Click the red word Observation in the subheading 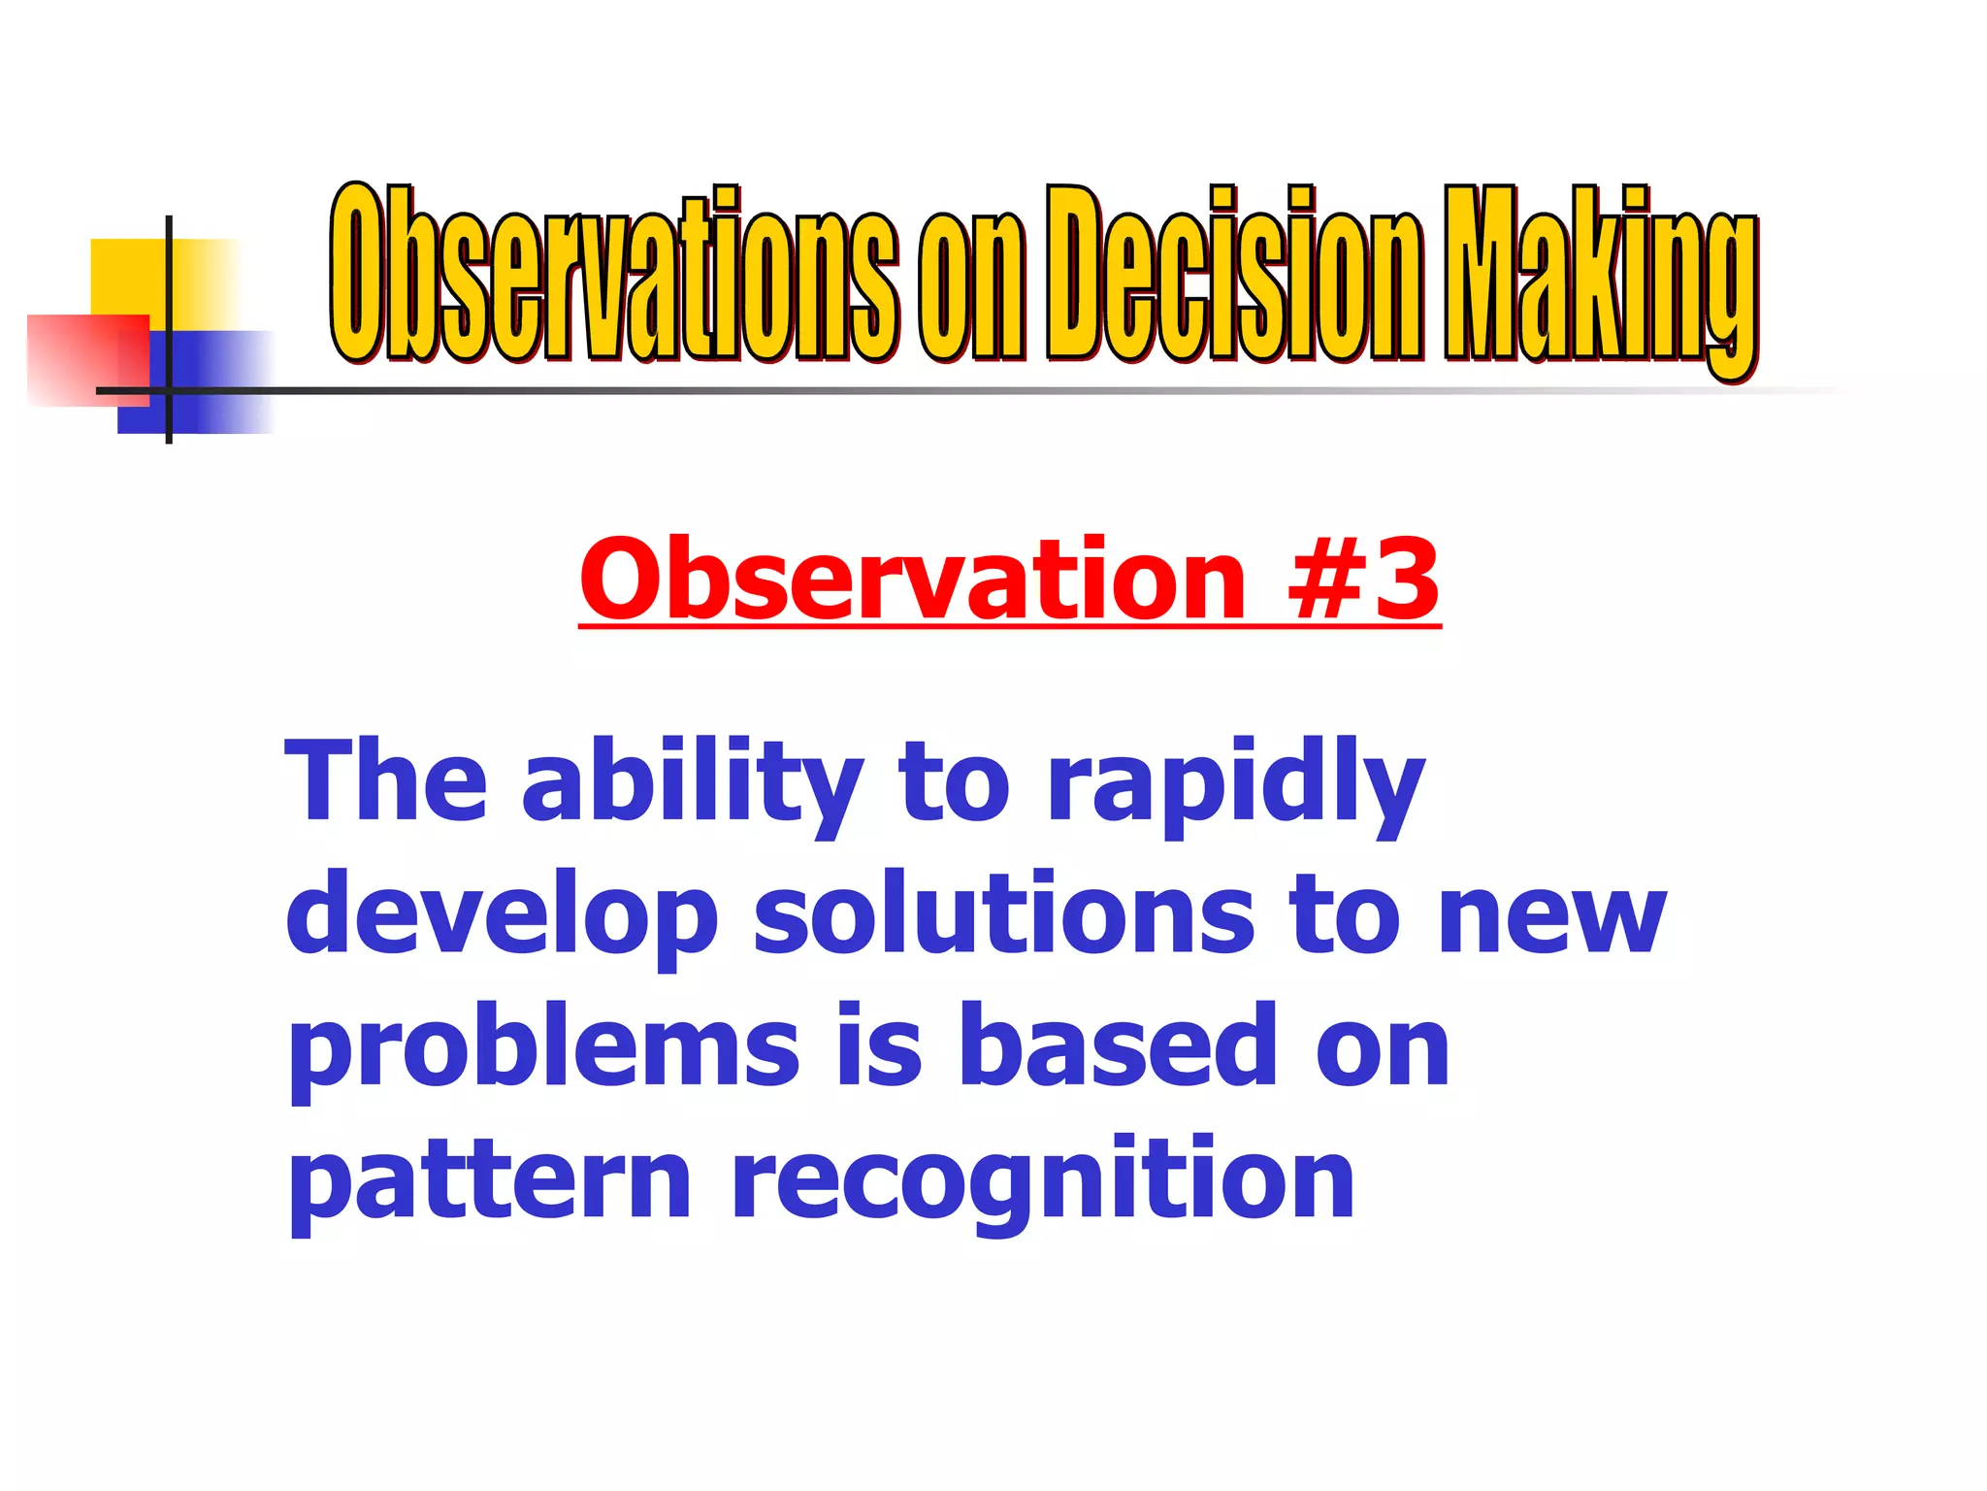[912, 580]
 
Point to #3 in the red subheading [1363, 580]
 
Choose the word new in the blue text [1551, 918]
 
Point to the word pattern [490, 1182]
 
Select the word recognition [1043, 1182]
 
